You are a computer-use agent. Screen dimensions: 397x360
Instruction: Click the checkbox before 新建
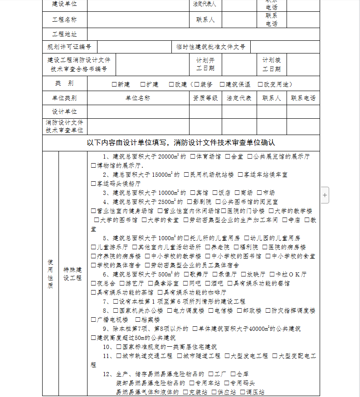(x=114, y=84)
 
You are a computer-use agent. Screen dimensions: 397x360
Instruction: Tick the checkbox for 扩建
(x=143, y=84)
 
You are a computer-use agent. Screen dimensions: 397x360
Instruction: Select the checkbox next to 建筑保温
(x=222, y=84)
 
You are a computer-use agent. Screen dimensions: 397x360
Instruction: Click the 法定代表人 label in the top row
(x=204, y=4)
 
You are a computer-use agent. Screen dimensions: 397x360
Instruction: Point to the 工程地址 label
(x=64, y=34)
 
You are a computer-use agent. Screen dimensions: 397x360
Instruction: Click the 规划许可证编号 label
(x=69, y=47)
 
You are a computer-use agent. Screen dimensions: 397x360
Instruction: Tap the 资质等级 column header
(x=205, y=98)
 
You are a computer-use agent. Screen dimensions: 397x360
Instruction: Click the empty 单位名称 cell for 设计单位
(x=138, y=111)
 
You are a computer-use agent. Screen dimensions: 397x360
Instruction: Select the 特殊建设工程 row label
(x=73, y=274)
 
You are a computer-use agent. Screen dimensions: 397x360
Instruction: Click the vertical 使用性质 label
(x=50, y=274)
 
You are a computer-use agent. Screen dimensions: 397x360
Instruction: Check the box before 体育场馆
(x=193, y=156)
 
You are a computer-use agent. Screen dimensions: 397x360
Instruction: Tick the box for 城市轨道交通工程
(x=119, y=356)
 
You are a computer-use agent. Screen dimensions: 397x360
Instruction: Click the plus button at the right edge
(x=325, y=195)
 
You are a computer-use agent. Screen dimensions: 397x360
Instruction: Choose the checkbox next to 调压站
(x=243, y=392)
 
